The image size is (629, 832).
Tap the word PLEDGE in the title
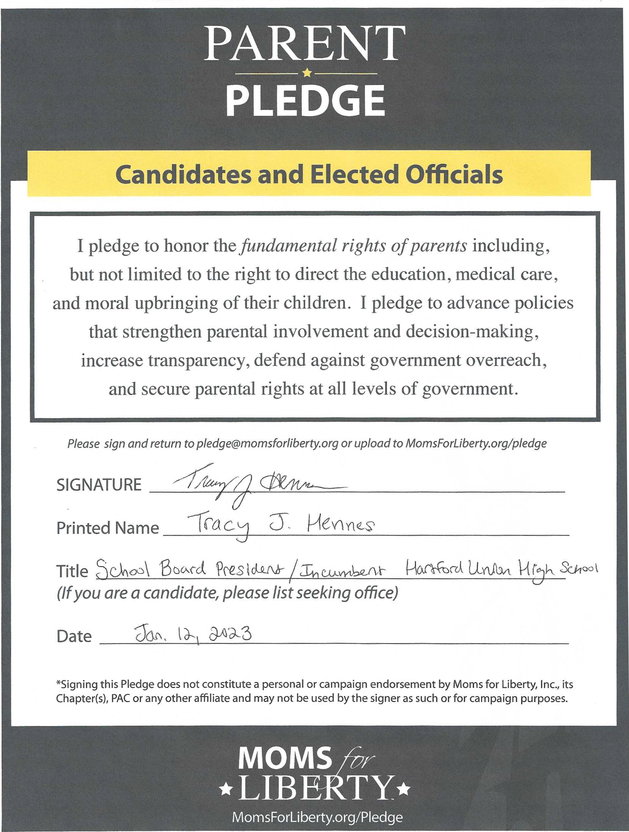[305, 100]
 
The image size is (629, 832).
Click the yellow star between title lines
[307, 73]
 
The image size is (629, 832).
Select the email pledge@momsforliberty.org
[267, 444]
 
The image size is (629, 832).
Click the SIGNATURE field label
[99, 485]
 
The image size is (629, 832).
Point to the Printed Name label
[107, 528]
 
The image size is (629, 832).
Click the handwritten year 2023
[230, 634]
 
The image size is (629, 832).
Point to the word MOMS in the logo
[285, 757]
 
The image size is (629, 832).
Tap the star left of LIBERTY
[226, 789]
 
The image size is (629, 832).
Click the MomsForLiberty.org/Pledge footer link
[317, 817]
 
